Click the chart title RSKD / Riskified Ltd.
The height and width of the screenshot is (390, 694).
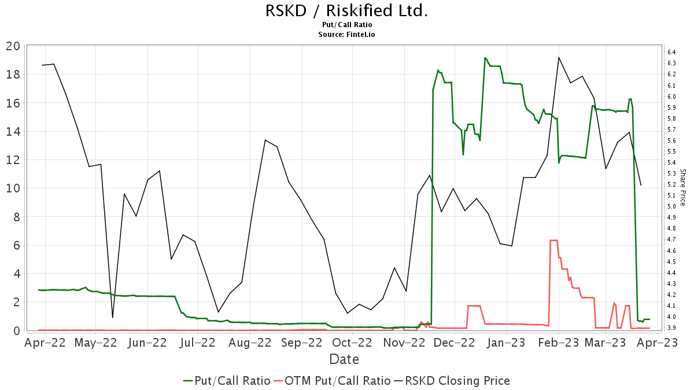346,11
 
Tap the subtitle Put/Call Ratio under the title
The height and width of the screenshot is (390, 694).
346,25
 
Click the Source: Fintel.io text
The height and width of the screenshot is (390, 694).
346,35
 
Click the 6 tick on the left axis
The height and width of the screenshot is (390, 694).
16,245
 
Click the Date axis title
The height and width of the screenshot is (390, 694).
344,359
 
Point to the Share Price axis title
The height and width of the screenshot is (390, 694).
682,187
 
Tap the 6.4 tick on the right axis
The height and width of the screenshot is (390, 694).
672,52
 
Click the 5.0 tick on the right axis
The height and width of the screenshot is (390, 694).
672,206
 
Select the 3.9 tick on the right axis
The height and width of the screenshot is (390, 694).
672,328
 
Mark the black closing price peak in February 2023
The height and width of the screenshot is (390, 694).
559,57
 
